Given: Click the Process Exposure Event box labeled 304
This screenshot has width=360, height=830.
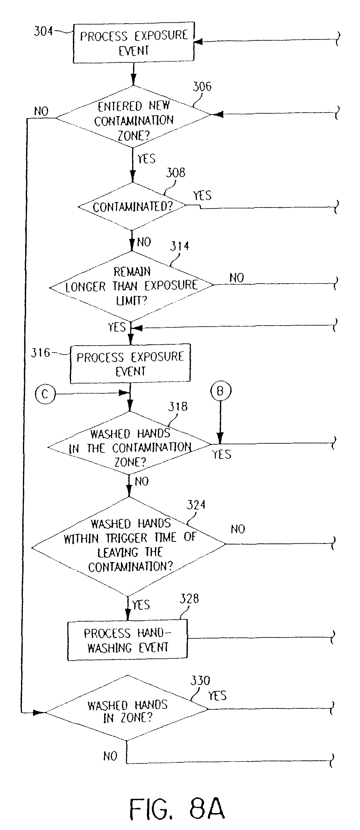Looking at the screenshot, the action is coord(133,43).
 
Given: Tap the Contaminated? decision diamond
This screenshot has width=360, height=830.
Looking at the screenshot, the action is coord(132,206).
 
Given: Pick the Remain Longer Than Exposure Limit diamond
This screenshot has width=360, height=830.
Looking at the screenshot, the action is coord(131,286).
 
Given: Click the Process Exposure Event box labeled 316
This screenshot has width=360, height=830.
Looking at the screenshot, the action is coord(130,363).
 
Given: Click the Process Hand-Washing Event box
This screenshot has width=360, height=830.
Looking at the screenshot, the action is coord(127,640).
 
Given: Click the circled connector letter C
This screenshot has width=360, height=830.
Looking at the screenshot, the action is coord(45,394).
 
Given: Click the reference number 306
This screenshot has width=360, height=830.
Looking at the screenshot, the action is coord(202,87).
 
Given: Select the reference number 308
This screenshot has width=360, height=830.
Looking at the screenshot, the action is coord(176,173).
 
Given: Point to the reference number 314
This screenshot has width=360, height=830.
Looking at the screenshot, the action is coord(180,247).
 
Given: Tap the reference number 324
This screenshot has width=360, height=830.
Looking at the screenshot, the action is coord(196,505).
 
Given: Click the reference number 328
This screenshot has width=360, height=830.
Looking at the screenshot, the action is coord(189,599).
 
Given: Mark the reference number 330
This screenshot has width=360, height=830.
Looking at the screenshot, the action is coord(200,681).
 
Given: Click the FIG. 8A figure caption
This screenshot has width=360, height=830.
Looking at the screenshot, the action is coord(177,809).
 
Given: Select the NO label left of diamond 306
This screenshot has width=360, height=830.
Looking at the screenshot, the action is coord(41,111).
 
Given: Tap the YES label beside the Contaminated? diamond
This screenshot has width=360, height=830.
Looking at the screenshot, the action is coord(202,196).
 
